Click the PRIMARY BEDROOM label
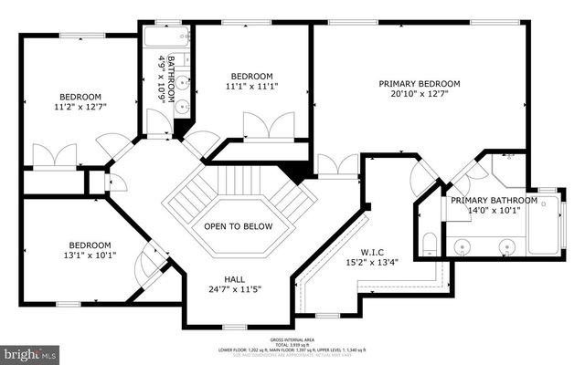pyautogui.click(x=420, y=83)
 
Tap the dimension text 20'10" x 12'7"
pyautogui.click(x=420, y=95)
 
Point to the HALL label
pyautogui.click(x=234, y=280)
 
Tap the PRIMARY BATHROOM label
pyautogui.click(x=494, y=200)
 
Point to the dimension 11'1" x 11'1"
pyautogui.click(x=251, y=87)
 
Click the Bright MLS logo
pyautogui.click(x=29, y=352)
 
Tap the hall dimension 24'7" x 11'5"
pyautogui.click(x=234, y=291)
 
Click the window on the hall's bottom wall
pyautogui.click(x=235, y=327)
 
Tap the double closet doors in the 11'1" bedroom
pyautogui.click(x=269, y=126)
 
